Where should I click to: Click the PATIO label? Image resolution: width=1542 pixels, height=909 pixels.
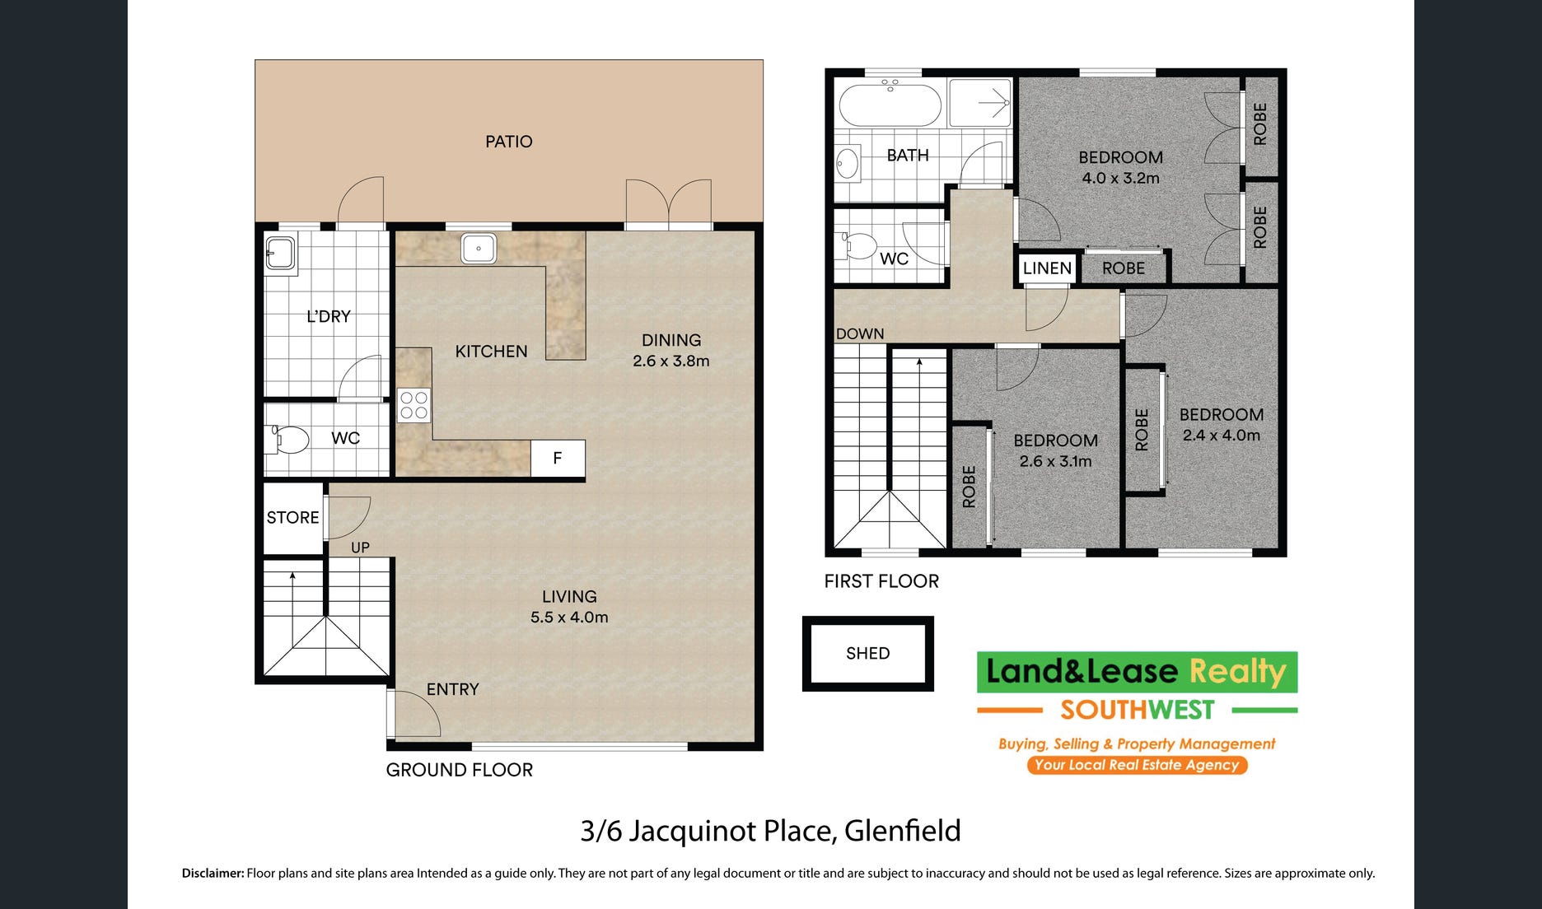(x=508, y=142)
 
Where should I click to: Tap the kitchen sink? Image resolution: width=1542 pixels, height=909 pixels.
(x=479, y=248)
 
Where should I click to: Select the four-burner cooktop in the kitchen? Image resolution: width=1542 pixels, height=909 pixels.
(x=414, y=405)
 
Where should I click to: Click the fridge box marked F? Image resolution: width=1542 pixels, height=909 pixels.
(x=558, y=458)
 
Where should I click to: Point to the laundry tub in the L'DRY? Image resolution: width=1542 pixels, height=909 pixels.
(x=281, y=254)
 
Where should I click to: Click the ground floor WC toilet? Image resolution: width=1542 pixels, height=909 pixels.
(x=286, y=439)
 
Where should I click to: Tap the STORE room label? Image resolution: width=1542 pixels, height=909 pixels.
(x=292, y=518)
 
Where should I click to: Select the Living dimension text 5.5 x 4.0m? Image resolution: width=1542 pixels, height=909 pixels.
(x=569, y=618)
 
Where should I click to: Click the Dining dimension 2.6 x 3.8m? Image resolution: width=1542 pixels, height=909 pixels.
(x=671, y=361)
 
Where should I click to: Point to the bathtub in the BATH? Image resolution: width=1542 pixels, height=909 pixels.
(x=890, y=104)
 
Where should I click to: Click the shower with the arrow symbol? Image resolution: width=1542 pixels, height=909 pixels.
(x=979, y=103)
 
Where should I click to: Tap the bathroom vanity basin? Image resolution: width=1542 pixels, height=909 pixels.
(x=848, y=163)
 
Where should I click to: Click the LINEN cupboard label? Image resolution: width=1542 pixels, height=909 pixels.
(x=1047, y=268)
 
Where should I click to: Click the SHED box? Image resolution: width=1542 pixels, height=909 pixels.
(x=868, y=654)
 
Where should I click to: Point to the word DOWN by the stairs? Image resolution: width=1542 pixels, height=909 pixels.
(x=860, y=333)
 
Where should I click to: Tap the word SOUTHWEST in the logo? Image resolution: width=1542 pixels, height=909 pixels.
(x=1138, y=710)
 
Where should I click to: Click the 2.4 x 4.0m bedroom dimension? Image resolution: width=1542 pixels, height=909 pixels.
(x=1222, y=436)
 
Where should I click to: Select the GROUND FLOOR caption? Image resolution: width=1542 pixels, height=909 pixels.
(x=460, y=770)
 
